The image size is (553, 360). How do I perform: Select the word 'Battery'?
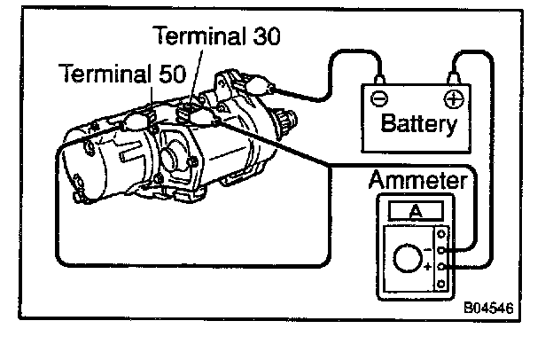[418, 121]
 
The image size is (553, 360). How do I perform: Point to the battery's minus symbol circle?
[378, 98]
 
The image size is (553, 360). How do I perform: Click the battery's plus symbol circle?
[453, 98]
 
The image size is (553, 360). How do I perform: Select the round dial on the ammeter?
[409, 260]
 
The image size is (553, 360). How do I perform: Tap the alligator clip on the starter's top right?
[261, 84]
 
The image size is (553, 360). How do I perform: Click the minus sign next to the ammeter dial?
[429, 250]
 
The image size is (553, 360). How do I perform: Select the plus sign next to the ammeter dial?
[429, 266]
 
